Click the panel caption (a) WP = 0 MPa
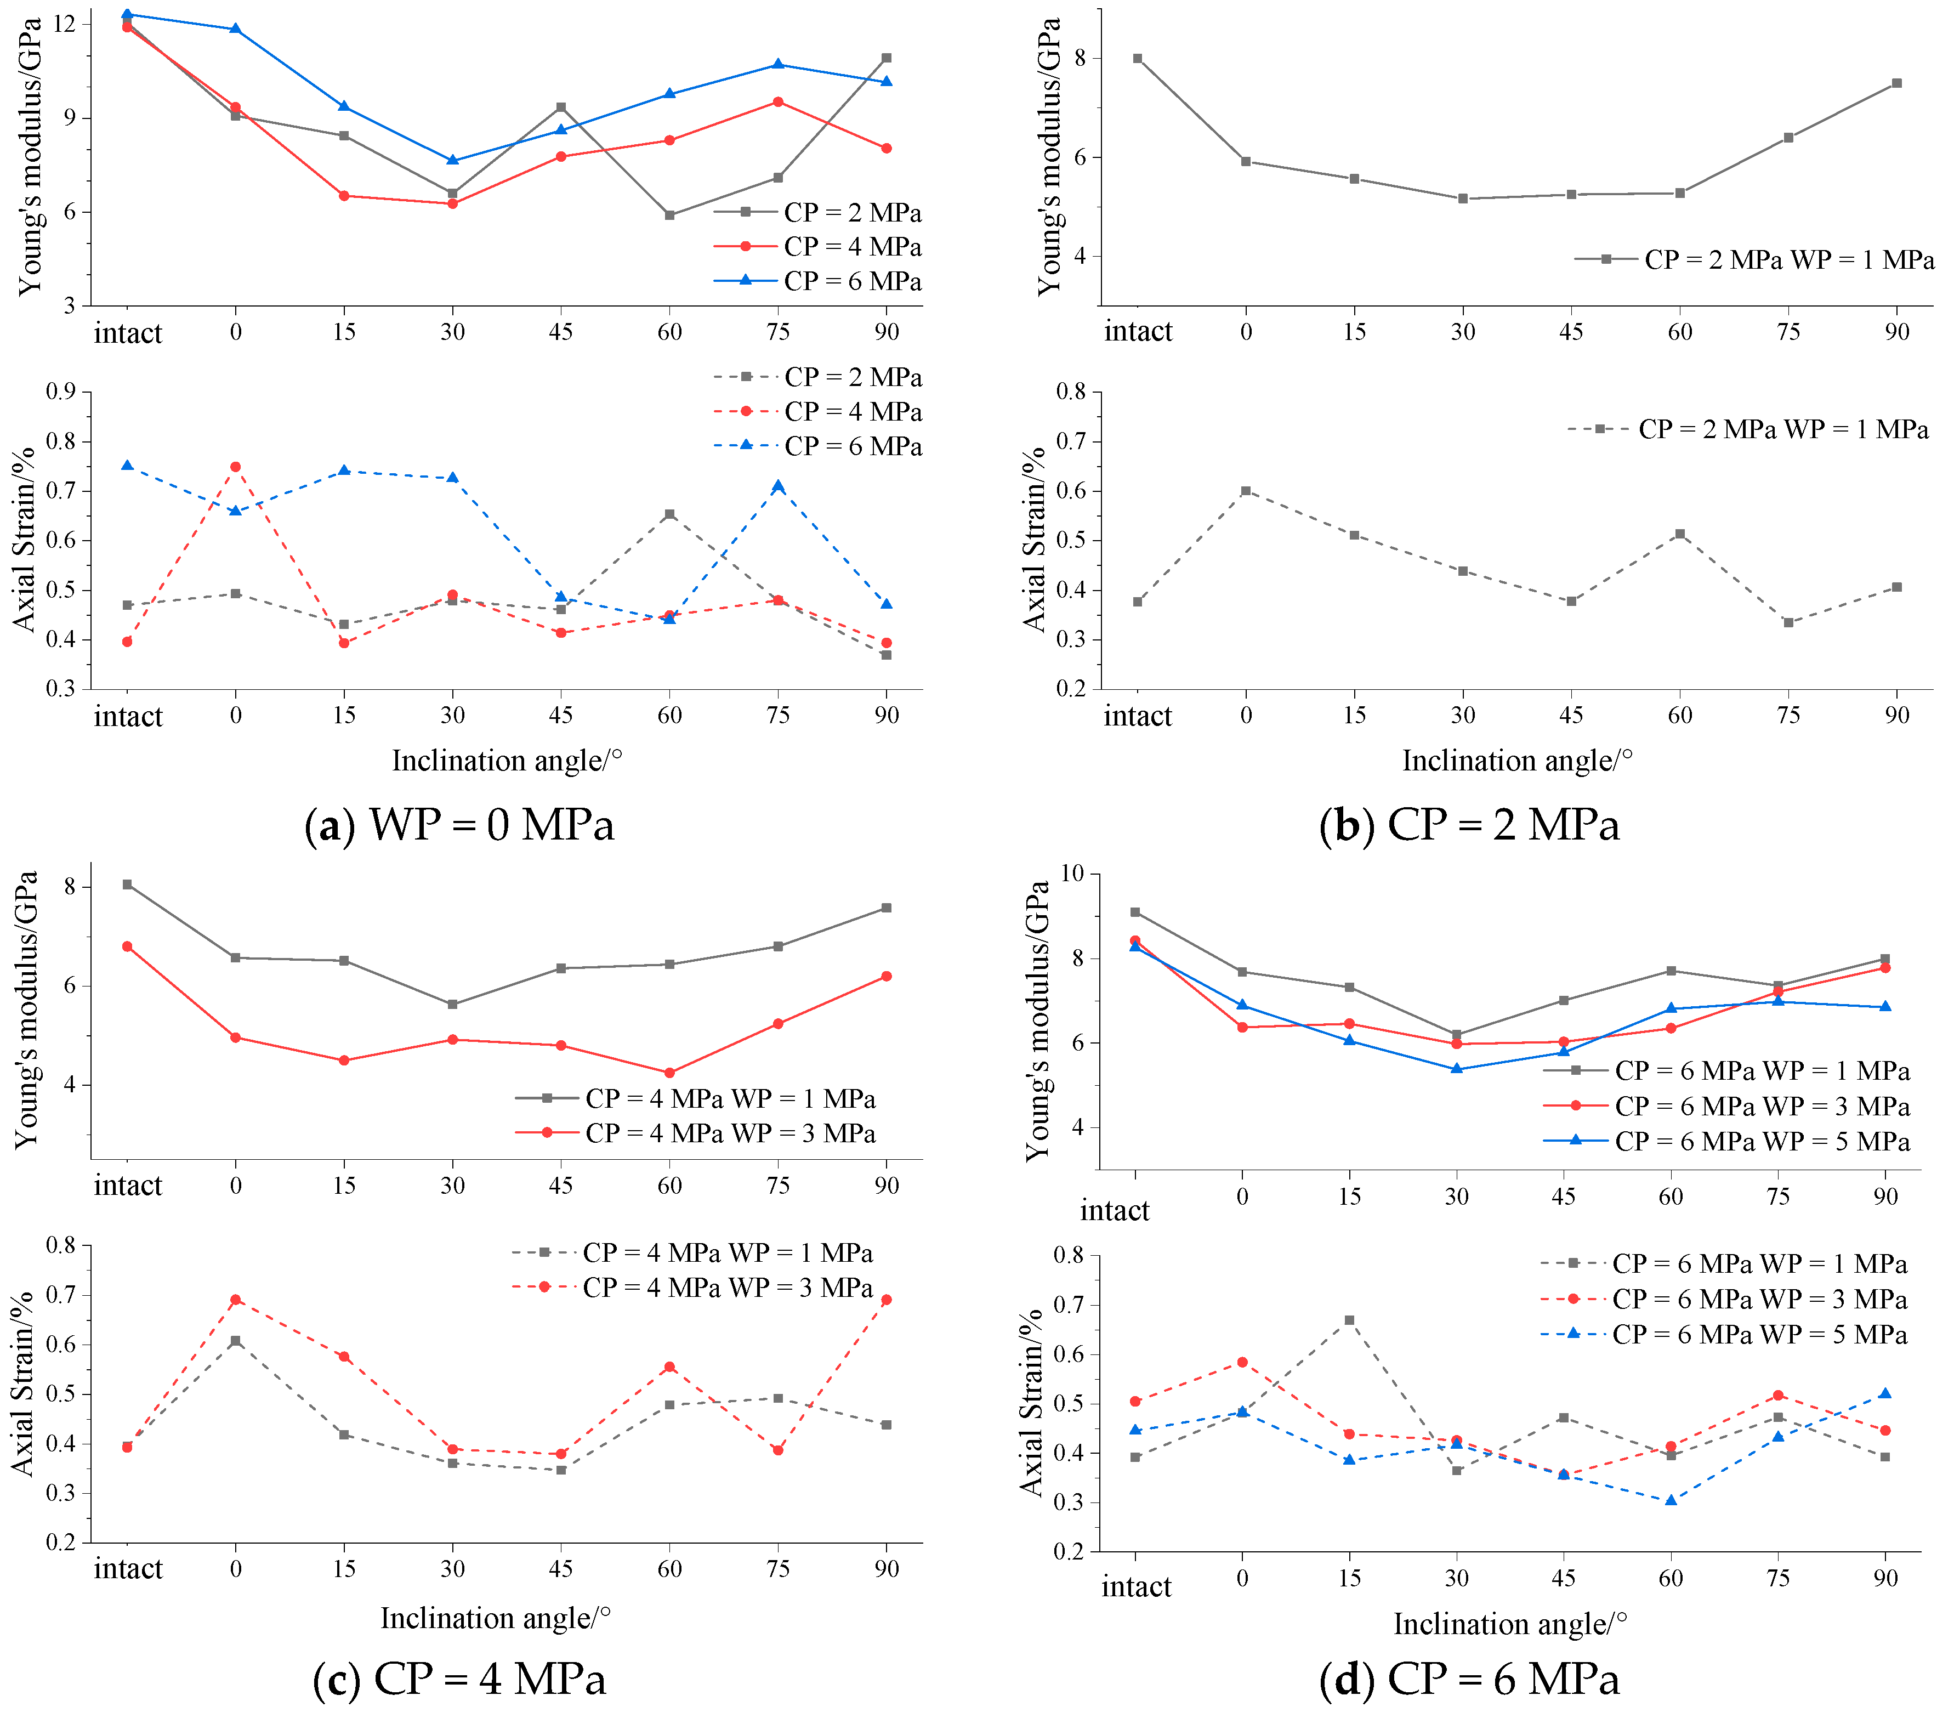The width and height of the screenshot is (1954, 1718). coord(459,824)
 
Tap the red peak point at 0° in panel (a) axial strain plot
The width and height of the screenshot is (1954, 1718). coord(235,467)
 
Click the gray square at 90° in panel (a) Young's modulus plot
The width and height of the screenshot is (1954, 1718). coord(886,58)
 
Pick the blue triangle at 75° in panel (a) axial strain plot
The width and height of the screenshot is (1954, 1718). coord(778,486)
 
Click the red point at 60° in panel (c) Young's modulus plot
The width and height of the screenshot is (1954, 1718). coord(669,1073)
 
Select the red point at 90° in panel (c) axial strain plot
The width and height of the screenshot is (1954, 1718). coord(886,1299)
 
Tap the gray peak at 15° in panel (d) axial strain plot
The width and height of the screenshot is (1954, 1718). coord(1349,1320)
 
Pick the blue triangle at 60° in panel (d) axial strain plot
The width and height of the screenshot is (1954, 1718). coord(1670,1500)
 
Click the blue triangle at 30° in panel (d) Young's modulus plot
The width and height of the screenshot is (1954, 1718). coord(1456,1069)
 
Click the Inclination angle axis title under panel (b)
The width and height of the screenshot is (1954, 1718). coord(1517,761)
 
